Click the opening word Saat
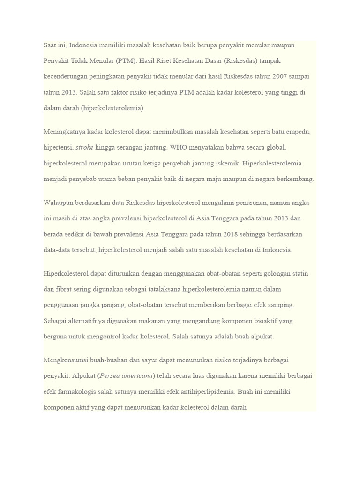click(x=51, y=45)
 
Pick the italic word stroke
click(x=84, y=147)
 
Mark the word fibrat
click(x=67, y=289)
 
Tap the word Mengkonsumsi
click(x=65, y=360)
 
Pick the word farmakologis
click(x=77, y=391)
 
